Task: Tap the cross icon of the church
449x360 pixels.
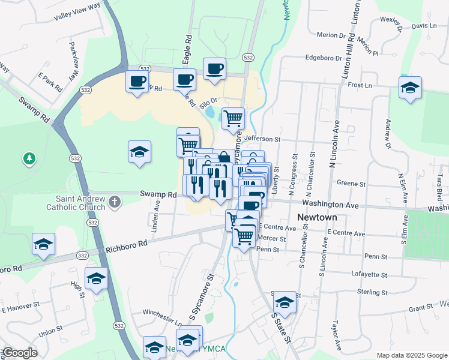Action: click(116, 203)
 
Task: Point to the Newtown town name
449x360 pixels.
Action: click(316, 217)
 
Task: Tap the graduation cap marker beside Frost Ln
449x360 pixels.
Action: click(411, 88)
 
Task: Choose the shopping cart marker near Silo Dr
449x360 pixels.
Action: click(233, 118)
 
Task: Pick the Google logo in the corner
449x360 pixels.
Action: click(19, 353)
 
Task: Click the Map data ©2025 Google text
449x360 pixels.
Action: click(411, 355)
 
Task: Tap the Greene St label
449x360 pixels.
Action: click(347, 183)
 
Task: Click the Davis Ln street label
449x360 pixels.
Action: click(424, 26)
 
